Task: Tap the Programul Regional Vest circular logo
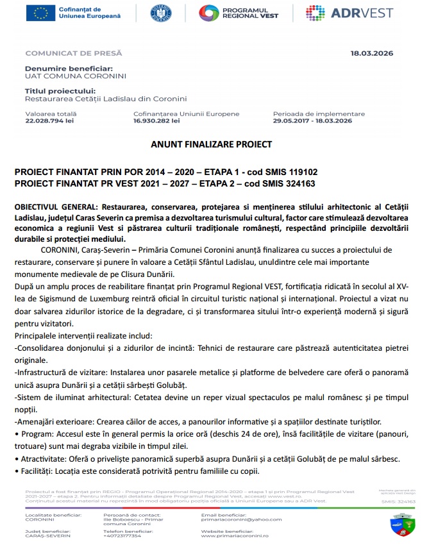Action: tap(209, 13)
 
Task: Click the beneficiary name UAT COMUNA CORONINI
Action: tap(66, 76)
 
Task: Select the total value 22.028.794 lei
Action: tap(49, 120)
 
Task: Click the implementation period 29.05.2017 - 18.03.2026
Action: tap(312, 120)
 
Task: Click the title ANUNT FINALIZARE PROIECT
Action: tap(212, 144)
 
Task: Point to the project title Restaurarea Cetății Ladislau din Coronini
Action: tap(105, 99)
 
